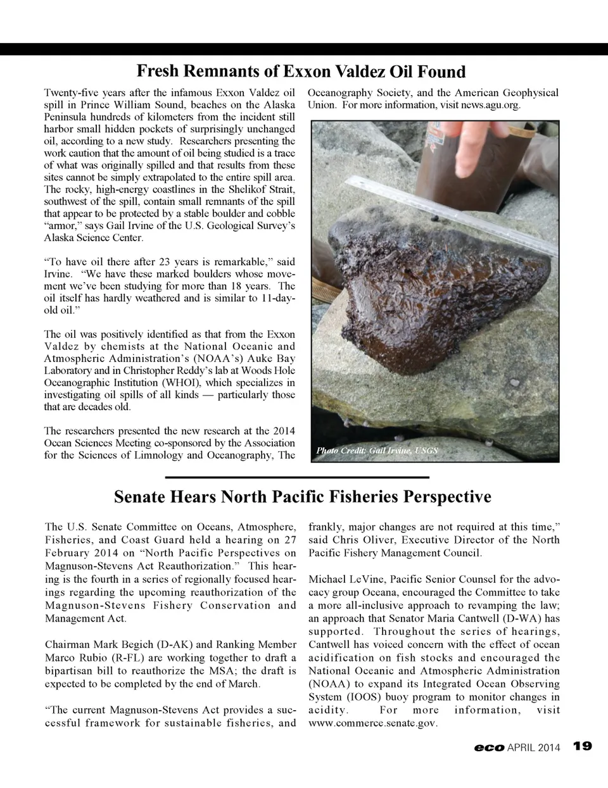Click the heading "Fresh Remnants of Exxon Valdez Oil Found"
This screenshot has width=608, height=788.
[301, 71]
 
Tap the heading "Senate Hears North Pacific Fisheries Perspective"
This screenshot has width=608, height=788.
[302, 497]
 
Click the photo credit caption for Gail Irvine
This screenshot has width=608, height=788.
[377, 451]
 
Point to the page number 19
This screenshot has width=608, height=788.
[582, 746]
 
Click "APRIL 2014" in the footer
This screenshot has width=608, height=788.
[534, 747]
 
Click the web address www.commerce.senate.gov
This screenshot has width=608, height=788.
[372, 723]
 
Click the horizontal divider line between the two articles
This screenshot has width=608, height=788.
[297, 477]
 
